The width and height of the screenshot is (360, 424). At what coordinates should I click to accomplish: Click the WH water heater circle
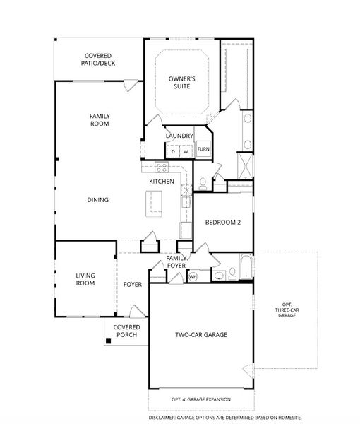coord(193,277)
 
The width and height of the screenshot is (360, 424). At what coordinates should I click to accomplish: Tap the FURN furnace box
coord(203,149)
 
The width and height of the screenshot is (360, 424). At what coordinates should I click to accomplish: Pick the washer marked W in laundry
coord(186,151)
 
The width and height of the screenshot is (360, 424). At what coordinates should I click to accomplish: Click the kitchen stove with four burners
coord(162,167)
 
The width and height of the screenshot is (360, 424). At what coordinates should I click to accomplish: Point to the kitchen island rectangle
coord(152,204)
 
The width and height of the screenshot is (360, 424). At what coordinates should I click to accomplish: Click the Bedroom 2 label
coord(223,222)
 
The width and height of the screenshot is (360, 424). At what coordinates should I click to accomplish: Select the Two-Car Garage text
coord(200,334)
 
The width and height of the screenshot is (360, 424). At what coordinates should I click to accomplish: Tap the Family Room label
coord(100,119)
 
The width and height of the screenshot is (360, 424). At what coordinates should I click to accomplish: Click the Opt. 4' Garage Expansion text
coord(200,400)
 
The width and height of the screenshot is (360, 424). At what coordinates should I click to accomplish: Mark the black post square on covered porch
coord(109,341)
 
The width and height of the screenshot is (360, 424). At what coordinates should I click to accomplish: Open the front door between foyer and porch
coord(134,311)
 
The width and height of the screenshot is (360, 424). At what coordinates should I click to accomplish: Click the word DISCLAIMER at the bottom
coord(167,418)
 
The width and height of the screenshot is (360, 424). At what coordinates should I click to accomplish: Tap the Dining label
coord(97,200)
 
